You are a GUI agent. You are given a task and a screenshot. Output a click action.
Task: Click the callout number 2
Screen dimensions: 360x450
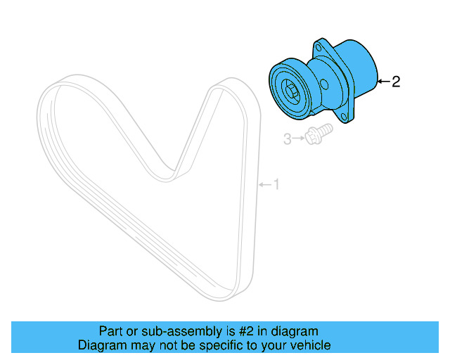(396, 82)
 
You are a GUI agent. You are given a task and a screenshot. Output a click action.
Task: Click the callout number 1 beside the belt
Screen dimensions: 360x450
(276, 184)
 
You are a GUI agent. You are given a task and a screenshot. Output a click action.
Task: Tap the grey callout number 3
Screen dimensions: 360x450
(287, 140)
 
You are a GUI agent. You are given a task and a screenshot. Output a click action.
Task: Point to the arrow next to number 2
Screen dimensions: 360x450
(382, 82)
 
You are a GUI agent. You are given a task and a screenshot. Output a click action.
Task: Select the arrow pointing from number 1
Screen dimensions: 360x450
(264, 184)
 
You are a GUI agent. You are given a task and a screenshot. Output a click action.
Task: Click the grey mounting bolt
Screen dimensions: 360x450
(317, 134)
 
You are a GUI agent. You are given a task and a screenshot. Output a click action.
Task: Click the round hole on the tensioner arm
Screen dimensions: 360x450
(324, 84)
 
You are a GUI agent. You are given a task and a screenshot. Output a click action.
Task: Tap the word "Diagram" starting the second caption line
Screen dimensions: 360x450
(101, 345)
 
